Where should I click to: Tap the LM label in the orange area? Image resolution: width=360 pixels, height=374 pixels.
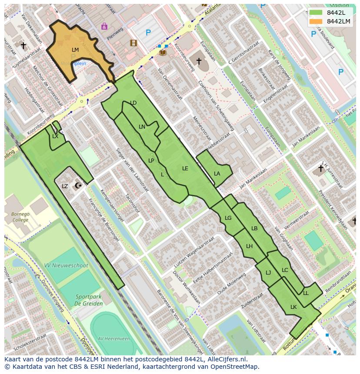[75, 50]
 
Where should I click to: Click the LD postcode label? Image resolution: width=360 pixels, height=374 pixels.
[133, 103]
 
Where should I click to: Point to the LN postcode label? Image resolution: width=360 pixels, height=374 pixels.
[142, 127]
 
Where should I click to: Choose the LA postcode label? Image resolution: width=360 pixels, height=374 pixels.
[217, 174]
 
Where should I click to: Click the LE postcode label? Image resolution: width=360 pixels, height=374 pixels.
[185, 168]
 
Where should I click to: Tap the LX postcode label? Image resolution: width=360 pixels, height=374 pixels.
[55, 136]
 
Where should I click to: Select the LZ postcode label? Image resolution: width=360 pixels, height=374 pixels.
[65, 186]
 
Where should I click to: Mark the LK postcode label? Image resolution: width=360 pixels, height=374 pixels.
[293, 307]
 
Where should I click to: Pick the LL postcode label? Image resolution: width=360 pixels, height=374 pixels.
[306, 293]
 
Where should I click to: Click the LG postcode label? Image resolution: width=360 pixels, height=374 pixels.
[228, 218]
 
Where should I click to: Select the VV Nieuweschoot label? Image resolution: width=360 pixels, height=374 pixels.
[66, 265]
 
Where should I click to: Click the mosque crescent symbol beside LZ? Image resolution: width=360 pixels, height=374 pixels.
[78, 186]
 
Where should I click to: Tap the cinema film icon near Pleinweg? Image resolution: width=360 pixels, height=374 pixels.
[133, 43]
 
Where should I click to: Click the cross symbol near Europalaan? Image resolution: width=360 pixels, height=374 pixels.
[199, 61]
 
